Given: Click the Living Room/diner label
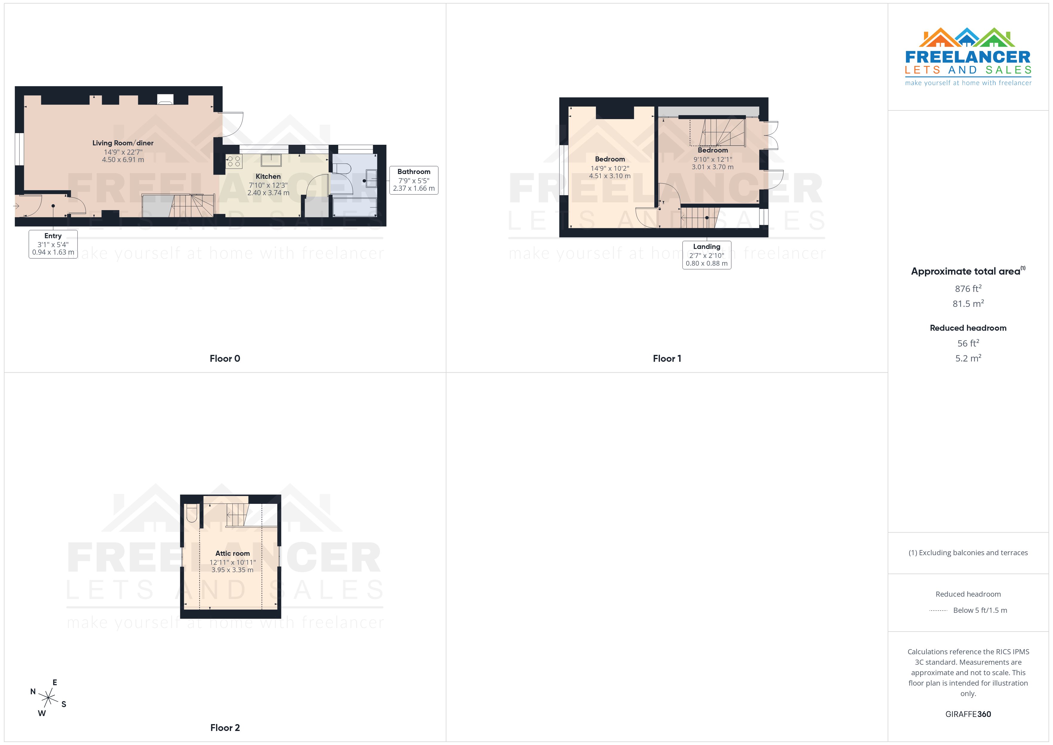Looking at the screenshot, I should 123,143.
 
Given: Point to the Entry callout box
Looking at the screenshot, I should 53,244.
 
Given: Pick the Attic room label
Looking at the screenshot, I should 233,554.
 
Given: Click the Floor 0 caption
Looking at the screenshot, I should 225,359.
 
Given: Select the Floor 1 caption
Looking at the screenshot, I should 667,359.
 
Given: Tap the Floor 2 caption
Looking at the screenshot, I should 225,728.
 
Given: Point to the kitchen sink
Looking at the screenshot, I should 271,160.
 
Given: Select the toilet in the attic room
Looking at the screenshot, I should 192,513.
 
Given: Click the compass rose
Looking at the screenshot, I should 48,698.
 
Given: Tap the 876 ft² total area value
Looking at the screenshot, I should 968,289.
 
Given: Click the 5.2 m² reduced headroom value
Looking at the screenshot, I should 968,358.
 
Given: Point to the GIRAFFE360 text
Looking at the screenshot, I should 968,714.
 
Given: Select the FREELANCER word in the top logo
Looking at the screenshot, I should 968,57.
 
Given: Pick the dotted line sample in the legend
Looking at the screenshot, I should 938,611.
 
